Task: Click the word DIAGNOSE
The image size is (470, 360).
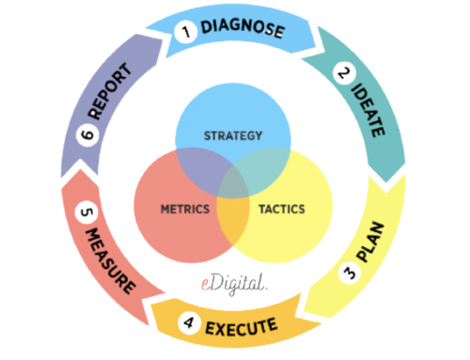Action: click(x=243, y=29)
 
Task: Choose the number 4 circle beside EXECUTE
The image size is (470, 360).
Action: click(x=189, y=326)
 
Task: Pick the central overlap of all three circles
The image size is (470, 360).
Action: click(x=232, y=185)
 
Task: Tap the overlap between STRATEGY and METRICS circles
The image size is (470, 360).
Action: click(x=198, y=172)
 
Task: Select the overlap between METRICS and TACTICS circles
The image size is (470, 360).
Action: click(x=232, y=221)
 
